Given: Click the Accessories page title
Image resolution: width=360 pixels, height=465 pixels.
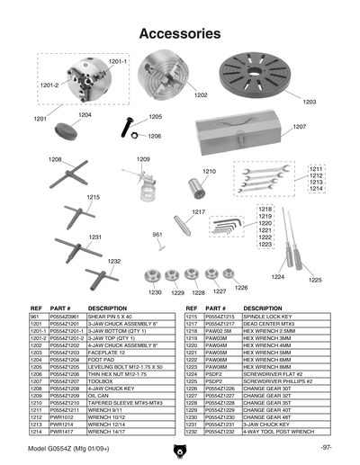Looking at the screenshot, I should click(x=180, y=34).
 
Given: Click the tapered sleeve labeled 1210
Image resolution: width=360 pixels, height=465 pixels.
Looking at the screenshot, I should click(x=196, y=188).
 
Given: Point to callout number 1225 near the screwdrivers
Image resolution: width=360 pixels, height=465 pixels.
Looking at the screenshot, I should click(x=315, y=281).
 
